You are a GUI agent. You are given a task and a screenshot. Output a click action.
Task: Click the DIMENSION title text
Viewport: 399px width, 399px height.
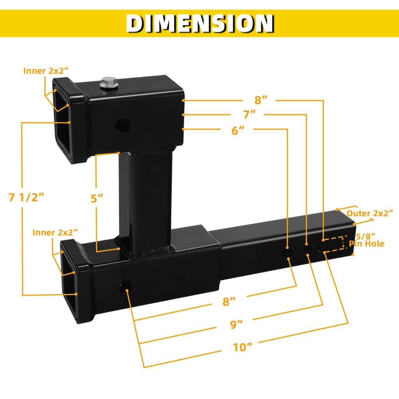(x=199, y=23)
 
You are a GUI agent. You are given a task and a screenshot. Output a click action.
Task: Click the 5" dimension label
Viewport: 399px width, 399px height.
(x=97, y=198)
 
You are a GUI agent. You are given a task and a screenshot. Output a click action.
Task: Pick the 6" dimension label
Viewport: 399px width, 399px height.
(x=237, y=130)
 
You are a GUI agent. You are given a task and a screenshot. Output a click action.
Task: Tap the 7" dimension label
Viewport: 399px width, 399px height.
(x=249, y=115)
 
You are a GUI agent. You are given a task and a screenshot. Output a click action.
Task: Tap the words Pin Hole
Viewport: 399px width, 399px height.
(x=367, y=244)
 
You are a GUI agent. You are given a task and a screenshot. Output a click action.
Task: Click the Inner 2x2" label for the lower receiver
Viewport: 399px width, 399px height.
(x=55, y=232)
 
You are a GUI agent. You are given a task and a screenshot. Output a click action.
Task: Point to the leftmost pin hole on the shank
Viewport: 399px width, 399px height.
(x=288, y=254)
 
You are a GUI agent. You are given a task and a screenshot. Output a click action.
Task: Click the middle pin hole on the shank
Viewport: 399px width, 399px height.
(x=306, y=249)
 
